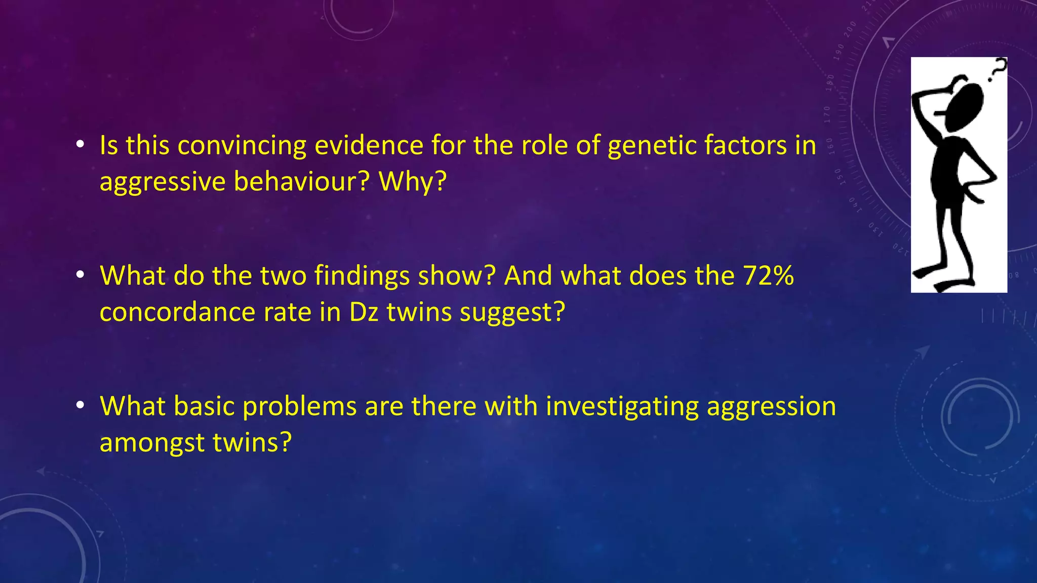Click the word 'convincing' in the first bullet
coord(242,146)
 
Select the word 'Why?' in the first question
coord(413,181)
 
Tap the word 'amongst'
coord(152,442)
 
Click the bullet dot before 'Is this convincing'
coord(80,145)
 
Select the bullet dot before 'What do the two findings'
coord(80,275)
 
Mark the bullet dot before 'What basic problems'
coord(80,406)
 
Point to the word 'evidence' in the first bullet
coord(369,146)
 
